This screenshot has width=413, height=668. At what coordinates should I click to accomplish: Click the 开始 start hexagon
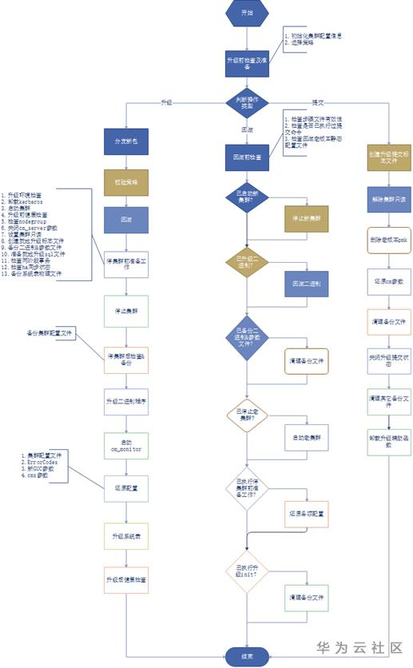point(247,14)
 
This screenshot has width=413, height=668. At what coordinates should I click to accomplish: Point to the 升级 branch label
point(166,103)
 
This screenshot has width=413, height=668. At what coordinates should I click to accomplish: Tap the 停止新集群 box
point(307,217)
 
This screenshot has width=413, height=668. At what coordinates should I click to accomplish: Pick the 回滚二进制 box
point(307,283)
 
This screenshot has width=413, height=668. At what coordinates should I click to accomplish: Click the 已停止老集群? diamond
point(247,416)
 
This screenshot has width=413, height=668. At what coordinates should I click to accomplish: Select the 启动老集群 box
point(307,438)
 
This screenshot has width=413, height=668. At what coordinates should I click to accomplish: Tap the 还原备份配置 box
point(307,514)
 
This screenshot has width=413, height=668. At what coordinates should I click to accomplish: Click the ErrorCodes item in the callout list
point(44,463)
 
